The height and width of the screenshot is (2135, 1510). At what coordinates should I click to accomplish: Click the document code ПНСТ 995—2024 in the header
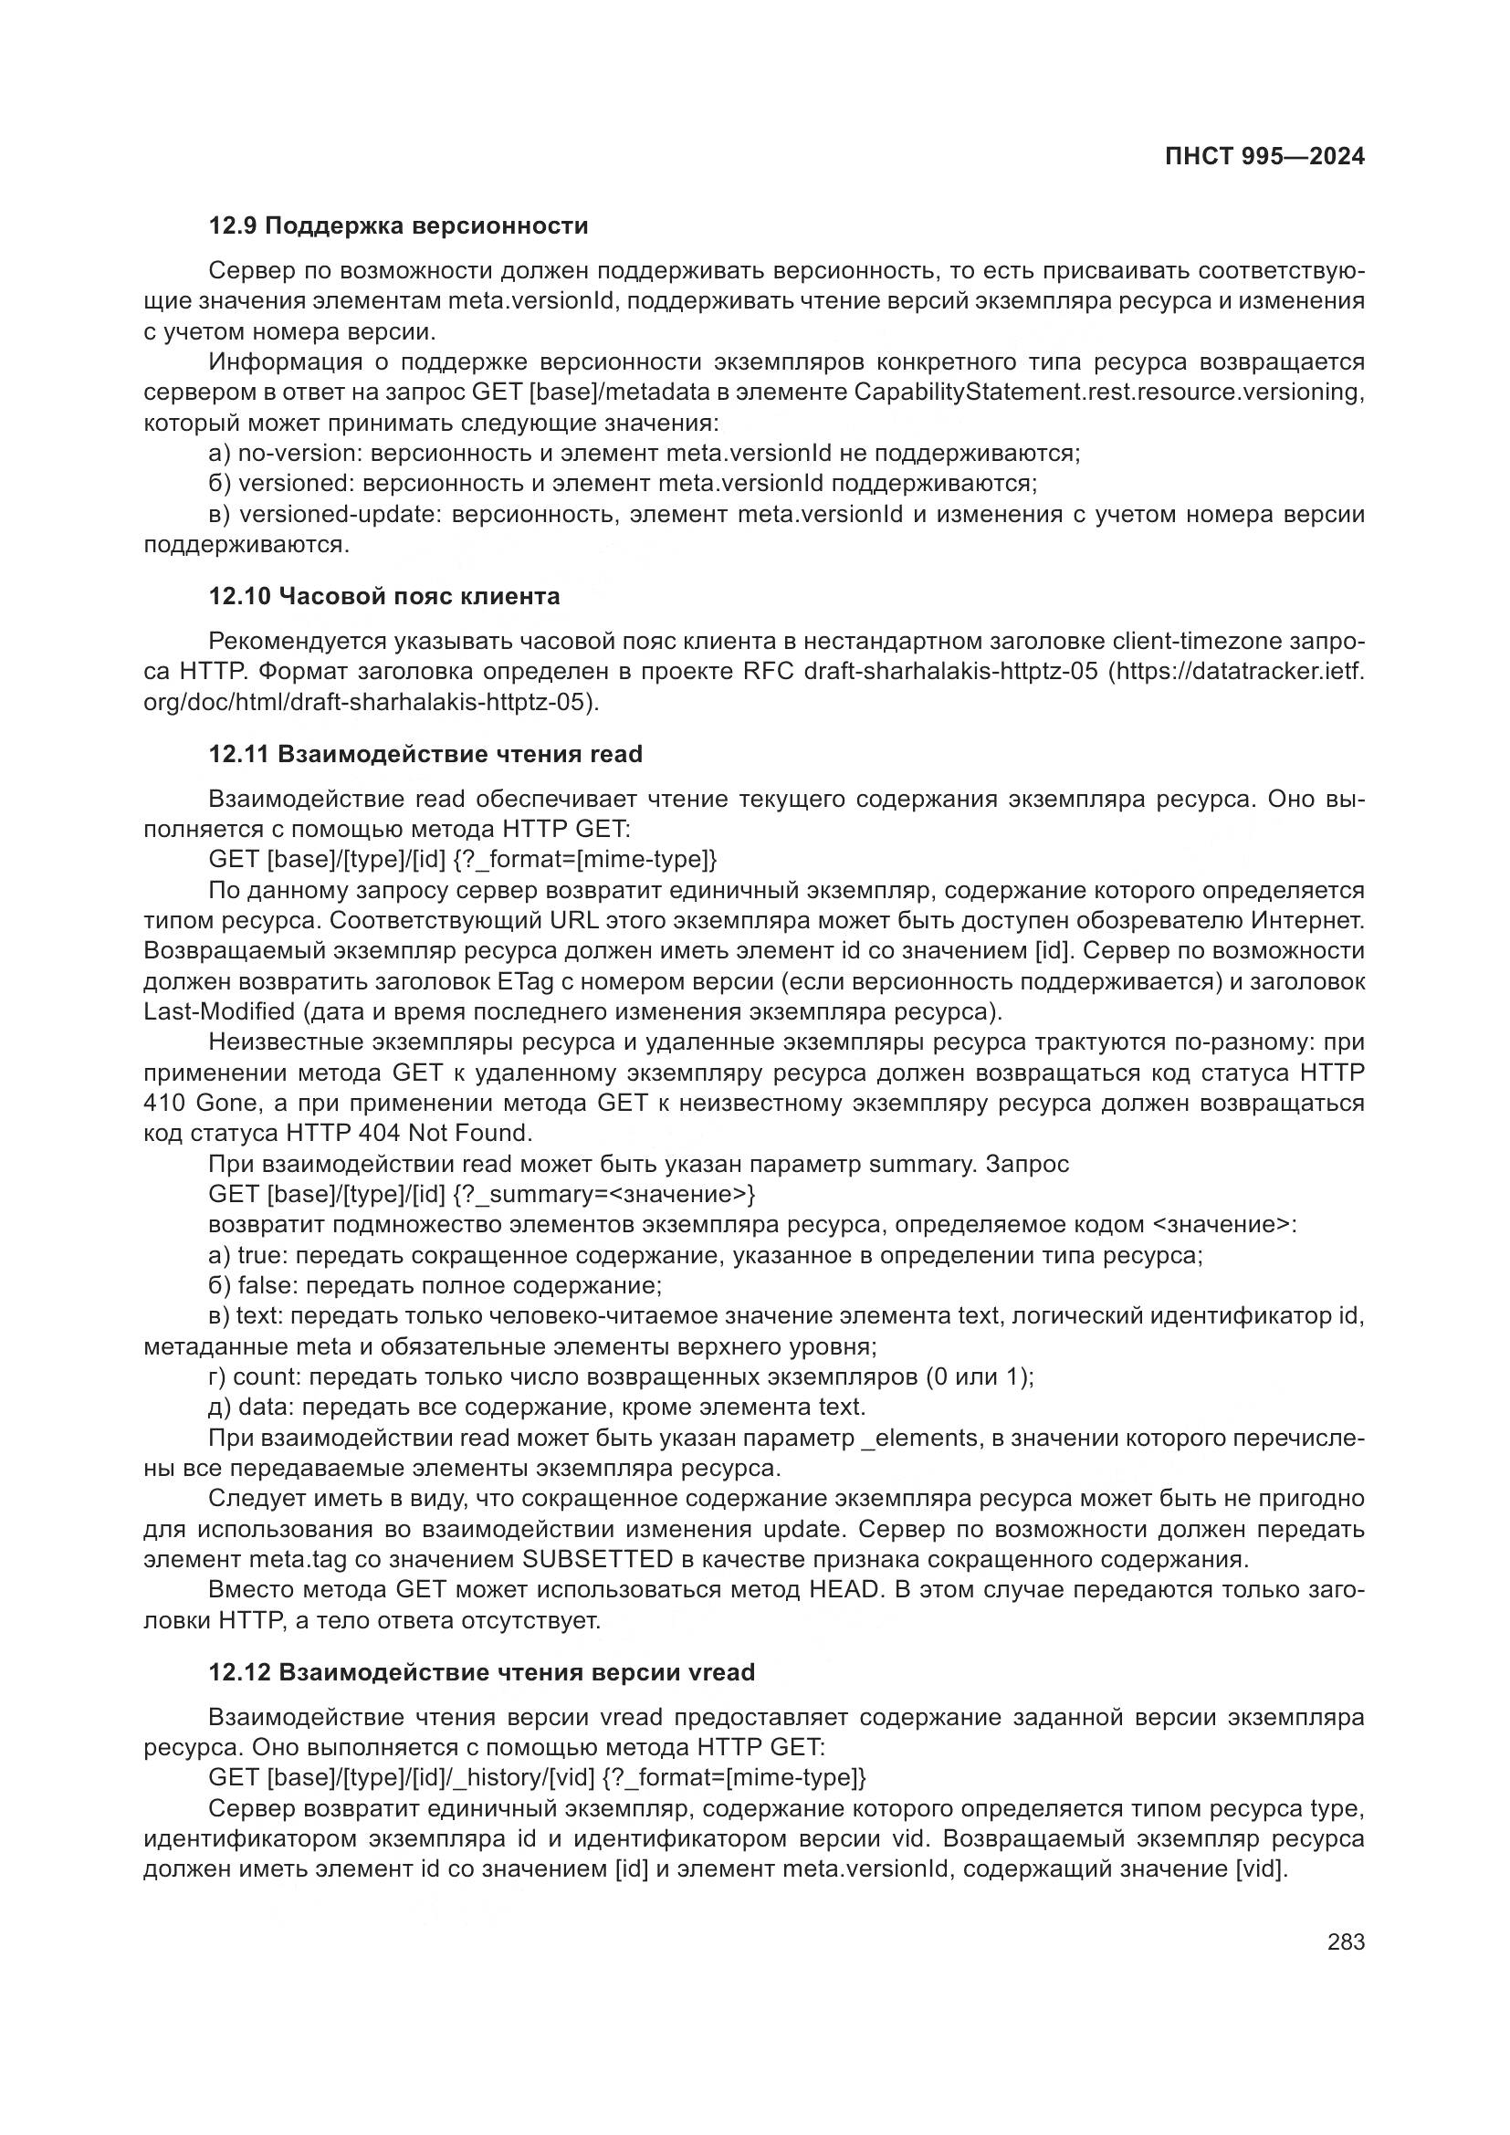tap(1264, 156)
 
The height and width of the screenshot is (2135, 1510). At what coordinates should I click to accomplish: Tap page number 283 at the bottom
tap(1346, 1941)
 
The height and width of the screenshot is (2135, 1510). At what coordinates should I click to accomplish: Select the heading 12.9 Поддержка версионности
tap(398, 226)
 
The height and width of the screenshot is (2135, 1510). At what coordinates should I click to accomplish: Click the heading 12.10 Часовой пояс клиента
tap(384, 596)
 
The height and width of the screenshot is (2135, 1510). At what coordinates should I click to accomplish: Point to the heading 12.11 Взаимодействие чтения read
tap(425, 754)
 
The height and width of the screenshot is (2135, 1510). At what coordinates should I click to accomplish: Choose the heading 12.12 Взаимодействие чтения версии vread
tap(481, 1672)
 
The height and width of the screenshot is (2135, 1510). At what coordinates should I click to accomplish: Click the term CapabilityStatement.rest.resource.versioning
tap(1108, 392)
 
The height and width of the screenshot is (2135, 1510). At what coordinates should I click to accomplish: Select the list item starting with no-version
tap(644, 454)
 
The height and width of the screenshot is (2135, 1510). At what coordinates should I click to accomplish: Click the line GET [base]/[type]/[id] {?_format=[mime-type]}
tap(463, 859)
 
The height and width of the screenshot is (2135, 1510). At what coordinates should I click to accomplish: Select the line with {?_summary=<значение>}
tap(482, 1194)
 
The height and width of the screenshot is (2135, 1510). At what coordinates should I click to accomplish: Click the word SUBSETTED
tap(597, 1558)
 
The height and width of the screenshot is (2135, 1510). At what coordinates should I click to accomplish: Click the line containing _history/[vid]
tap(538, 1778)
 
